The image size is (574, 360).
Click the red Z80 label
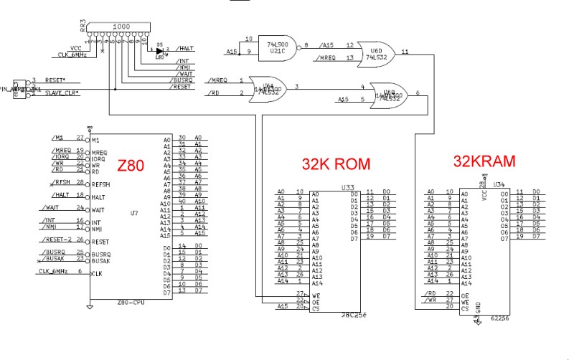(131, 166)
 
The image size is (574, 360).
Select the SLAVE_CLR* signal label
(62, 93)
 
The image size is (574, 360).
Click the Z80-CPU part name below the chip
(131, 302)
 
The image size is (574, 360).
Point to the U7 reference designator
(134, 213)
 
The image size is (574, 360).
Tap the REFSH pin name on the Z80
(103, 184)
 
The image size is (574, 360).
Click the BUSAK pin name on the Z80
(103, 260)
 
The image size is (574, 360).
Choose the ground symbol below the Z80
(90, 306)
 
